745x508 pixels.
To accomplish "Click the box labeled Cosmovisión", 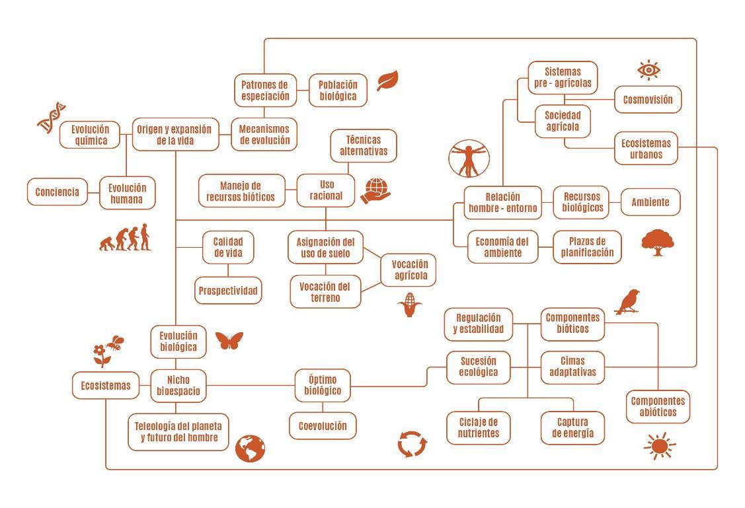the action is pyautogui.click(x=648, y=100).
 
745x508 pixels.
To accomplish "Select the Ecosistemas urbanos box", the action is pyautogui.click(x=646, y=149).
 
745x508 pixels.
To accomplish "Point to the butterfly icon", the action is pyautogui.click(x=229, y=340).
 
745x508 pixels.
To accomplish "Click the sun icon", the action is pyautogui.click(x=659, y=446).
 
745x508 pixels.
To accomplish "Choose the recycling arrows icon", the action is pyautogui.click(x=412, y=444).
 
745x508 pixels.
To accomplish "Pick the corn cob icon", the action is pyautogui.click(x=410, y=305).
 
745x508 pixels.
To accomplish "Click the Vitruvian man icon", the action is pyautogui.click(x=469, y=159).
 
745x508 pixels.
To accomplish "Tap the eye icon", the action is pyautogui.click(x=648, y=70).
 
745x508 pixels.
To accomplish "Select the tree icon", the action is pyautogui.click(x=657, y=242).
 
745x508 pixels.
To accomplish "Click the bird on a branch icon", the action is pyautogui.click(x=628, y=301).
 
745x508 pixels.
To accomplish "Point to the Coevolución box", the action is pyautogui.click(x=323, y=426).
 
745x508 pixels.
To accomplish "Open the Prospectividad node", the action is pyautogui.click(x=228, y=291).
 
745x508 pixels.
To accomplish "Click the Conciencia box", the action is pyautogui.click(x=57, y=192).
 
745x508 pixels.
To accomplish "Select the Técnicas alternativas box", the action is pyautogui.click(x=364, y=145).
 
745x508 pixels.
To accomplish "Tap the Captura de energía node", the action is pyautogui.click(x=572, y=427).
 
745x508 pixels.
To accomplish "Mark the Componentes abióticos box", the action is pyautogui.click(x=658, y=406).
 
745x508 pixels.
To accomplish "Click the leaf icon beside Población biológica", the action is pyautogui.click(x=387, y=81).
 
